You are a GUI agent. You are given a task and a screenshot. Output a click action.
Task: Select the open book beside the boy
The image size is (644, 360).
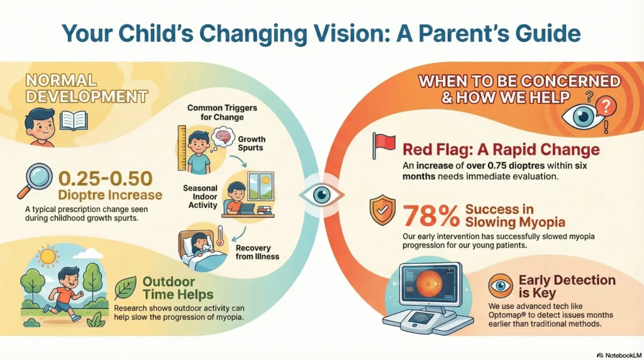[x=73, y=120]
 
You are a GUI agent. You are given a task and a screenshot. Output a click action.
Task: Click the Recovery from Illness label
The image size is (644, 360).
[x=258, y=252]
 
